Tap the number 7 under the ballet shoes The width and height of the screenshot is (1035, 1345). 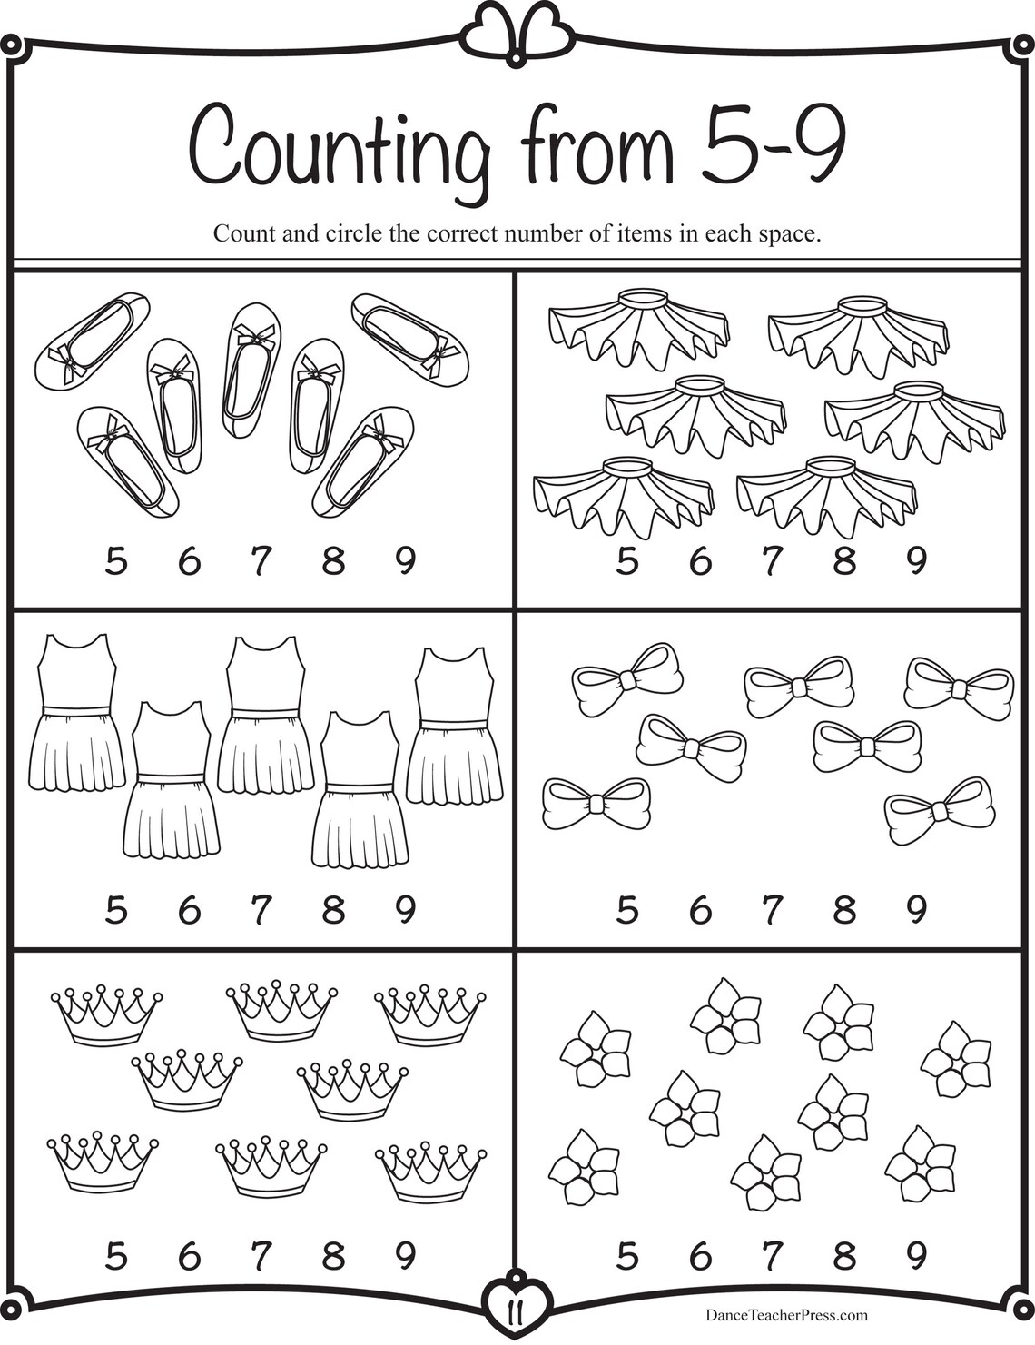click(261, 563)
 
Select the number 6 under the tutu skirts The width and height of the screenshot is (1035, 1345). click(699, 563)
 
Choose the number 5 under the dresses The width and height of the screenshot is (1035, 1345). click(115, 909)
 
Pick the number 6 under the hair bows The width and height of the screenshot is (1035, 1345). click(699, 909)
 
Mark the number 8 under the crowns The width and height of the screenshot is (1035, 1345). click(333, 1256)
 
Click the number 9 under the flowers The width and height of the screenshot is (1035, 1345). click(917, 1256)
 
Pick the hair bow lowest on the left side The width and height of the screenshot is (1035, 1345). click(596, 804)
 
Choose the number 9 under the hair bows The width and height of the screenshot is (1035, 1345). click(917, 909)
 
